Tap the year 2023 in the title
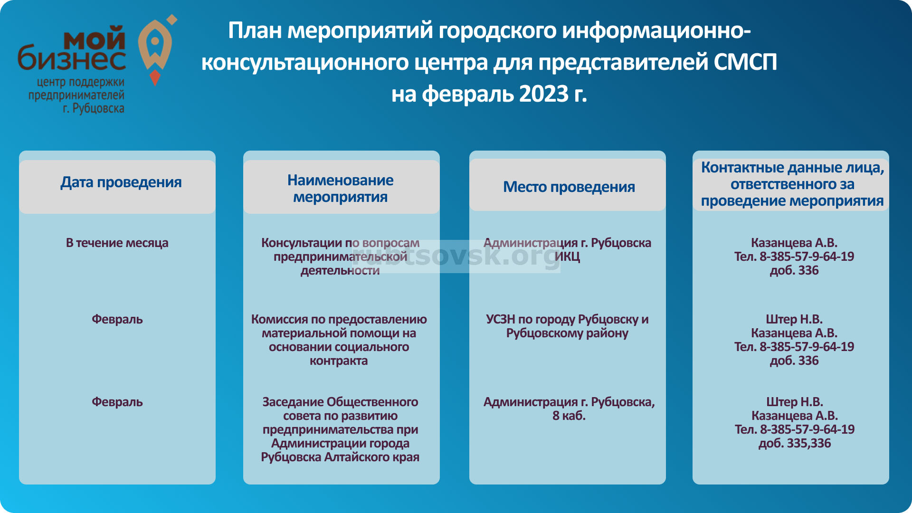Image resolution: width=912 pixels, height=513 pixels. [543, 94]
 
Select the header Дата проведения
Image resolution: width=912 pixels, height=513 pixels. [121, 182]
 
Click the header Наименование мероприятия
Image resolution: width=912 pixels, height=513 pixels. [340, 188]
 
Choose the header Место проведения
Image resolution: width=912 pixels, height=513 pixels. [569, 187]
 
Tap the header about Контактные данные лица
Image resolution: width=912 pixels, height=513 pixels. [792, 184]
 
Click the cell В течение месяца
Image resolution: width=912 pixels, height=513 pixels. [117, 243]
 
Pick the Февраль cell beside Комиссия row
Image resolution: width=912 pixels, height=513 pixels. [117, 319]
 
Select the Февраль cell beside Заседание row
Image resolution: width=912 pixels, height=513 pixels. [117, 402]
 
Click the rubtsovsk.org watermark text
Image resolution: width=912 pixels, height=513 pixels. [456, 256]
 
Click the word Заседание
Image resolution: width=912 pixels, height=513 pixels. [293, 402]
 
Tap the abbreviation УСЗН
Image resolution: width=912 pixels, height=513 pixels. [500, 319]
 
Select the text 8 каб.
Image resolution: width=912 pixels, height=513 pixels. [569, 416]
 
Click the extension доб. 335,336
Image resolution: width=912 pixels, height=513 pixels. [794, 443]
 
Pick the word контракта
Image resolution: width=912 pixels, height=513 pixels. [339, 361]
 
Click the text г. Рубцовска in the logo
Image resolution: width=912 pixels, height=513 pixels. [94, 108]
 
